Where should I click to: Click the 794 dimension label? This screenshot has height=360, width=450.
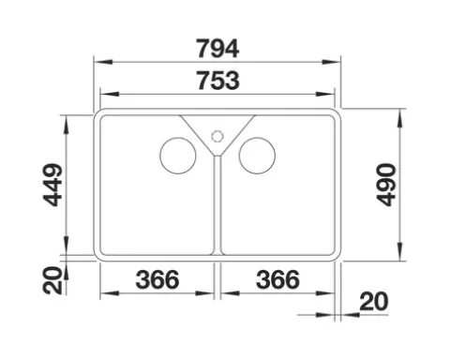(x=217, y=49)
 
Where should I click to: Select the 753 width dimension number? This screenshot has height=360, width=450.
(x=218, y=81)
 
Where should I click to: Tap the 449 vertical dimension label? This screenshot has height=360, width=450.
(x=52, y=185)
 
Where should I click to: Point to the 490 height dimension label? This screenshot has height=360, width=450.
(x=386, y=185)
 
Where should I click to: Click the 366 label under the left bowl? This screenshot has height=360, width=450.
(x=157, y=279)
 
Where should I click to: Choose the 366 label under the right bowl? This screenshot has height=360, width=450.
(x=277, y=279)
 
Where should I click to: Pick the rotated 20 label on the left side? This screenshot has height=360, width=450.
(x=52, y=280)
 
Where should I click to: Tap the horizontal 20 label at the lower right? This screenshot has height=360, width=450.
(x=374, y=302)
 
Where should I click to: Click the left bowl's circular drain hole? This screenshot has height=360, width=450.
(x=177, y=156)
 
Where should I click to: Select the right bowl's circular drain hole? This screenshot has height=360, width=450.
(x=257, y=156)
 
